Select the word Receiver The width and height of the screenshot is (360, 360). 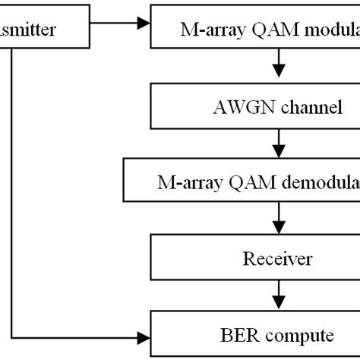[x=277, y=259]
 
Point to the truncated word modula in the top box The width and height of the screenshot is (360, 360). [x=323, y=31]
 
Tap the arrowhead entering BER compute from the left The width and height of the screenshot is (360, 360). [x=144, y=333]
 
